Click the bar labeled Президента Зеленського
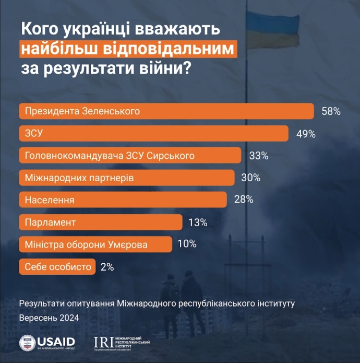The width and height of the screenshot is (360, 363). (166, 111)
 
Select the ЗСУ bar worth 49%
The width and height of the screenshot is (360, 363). (153, 134)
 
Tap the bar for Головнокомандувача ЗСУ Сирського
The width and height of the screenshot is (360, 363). (130, 156)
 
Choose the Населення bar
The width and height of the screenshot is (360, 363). (123, 200)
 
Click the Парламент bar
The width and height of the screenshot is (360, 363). (100, 223)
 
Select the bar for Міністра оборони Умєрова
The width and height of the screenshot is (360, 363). (95, 244)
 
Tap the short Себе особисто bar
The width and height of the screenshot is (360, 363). (57, 267)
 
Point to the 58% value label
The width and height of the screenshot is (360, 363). (331, 111)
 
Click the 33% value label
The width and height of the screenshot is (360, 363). (258, 156)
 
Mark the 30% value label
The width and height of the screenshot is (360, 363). (250, 178)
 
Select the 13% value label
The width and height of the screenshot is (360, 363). (198, 223)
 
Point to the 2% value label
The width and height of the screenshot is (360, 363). (107, 267)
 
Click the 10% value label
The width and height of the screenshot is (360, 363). (186, 244)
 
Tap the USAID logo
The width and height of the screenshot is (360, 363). (47, 342)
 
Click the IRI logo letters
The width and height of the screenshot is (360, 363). (103, 342)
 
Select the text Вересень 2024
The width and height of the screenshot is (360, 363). (49, 318)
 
